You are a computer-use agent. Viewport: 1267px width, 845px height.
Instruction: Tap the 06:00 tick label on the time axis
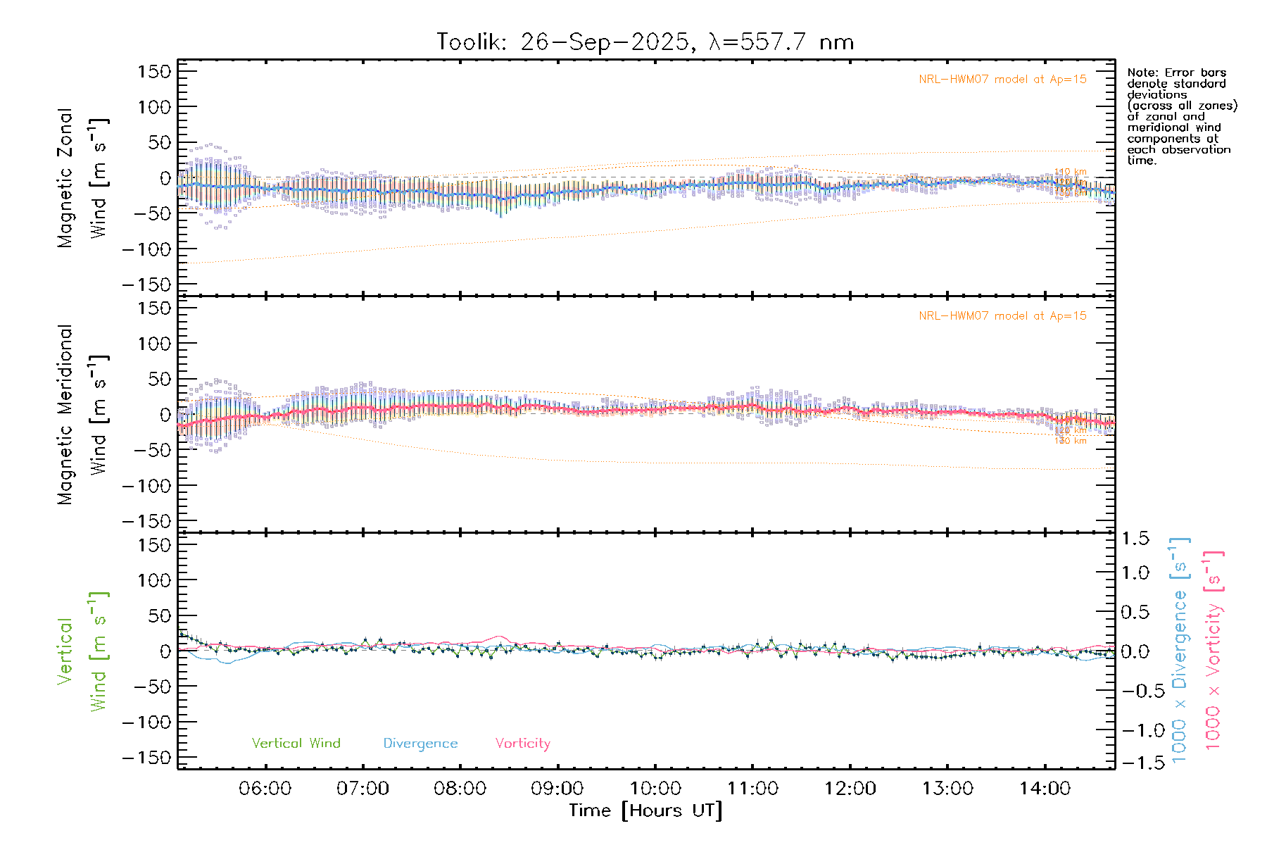point(265,789)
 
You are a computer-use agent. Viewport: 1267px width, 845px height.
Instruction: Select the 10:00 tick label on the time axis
point(655,789)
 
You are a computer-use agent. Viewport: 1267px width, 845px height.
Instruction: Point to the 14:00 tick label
point(1045,789)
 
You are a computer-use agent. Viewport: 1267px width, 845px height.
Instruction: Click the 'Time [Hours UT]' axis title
point(645,810)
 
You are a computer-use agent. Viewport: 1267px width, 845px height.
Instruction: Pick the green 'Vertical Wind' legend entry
point(296,743)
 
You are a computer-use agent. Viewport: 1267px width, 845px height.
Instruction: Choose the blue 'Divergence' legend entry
point(420,743)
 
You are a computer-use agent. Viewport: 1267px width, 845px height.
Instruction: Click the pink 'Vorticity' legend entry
point(522,743)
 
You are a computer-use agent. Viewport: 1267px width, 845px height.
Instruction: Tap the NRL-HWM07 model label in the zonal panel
point(1002,80)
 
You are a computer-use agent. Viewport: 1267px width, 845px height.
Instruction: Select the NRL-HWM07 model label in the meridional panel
point(1002,316)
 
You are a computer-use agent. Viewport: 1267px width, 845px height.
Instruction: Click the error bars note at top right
point(1181,116)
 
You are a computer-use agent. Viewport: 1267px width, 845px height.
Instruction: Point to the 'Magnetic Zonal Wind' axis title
point(83,178)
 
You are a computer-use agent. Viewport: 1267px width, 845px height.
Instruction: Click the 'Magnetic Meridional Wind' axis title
point(83,415)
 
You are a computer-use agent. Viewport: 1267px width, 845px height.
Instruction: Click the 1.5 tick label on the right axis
point(1135,539)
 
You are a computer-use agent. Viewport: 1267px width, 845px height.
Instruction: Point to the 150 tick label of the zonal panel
point(154,72)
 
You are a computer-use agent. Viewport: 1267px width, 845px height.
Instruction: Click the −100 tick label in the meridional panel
point(147,486)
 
